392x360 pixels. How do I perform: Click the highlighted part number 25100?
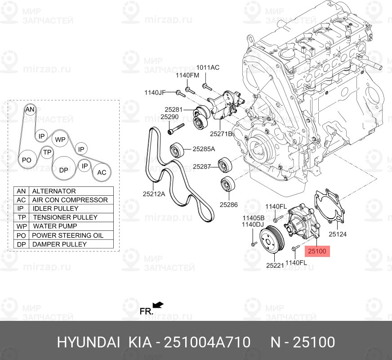tap(317, 251)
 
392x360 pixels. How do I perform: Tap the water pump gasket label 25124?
tap(338, 234)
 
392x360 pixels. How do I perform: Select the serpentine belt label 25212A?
tap(154, 193)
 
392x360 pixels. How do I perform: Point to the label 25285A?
tap(204, 149)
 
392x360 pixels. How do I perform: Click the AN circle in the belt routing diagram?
tap(30, 109)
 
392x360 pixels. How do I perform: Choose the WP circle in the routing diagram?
tap(60, 139)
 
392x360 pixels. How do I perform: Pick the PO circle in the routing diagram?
tap(27, 160)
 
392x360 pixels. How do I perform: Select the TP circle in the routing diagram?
tap(47, 152)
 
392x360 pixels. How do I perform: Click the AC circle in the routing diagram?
tap(102, 172)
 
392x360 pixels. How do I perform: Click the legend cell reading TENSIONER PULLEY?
tap(71, 217)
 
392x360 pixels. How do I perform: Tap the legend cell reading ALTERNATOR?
tap(71, 191)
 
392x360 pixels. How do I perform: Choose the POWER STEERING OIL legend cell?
tap(71, 235)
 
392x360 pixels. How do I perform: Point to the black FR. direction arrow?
tap(158, 305)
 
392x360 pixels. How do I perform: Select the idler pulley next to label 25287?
tap(225, 165)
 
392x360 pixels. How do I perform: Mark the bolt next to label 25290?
tap(176, 128)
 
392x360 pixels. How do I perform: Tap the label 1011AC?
tap(208, 67)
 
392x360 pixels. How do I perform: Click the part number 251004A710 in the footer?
tap(207, 342)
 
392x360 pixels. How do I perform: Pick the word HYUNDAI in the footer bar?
tap(89, 342)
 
